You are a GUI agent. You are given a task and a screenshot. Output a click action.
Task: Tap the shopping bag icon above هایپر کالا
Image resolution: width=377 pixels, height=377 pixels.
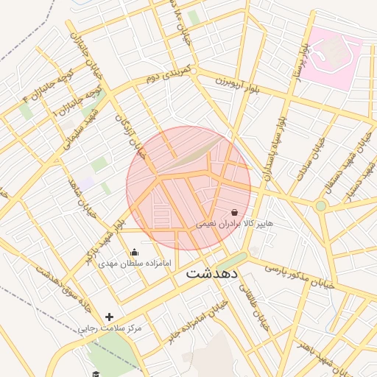[234, 212]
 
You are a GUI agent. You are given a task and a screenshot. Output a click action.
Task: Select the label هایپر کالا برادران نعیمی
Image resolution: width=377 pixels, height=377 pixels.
[234, 222]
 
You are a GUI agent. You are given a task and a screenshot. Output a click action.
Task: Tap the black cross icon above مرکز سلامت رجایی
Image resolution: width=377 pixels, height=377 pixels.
[110, 317]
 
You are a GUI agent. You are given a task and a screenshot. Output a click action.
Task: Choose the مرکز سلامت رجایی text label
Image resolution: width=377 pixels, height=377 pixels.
[110, 327]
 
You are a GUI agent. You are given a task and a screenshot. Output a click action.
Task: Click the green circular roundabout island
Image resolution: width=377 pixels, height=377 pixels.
[320, 205]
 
